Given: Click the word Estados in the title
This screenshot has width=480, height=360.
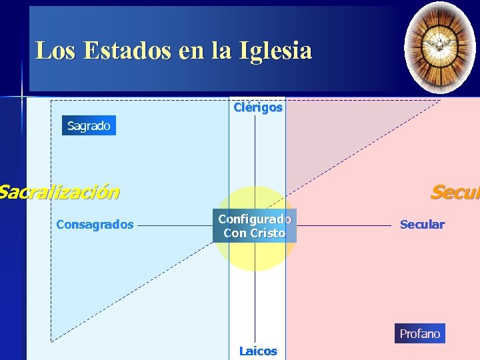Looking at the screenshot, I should coord(127,51).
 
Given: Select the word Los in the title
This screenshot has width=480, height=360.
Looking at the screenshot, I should coord(55,51).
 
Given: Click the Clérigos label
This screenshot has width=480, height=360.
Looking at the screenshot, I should coord(257,107).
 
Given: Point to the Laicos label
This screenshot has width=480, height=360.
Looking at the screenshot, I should coord(258,351).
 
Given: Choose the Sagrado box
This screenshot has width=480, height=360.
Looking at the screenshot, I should coord(89,125).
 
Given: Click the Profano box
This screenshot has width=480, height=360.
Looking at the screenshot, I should coord(419,333).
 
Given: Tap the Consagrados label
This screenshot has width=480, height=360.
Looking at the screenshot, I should coord(95,225).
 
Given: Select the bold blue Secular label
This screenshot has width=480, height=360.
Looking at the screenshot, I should coord(422,225).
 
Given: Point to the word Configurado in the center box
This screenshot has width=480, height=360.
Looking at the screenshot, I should coord(255,219).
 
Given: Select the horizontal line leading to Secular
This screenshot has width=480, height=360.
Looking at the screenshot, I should coord(343,225).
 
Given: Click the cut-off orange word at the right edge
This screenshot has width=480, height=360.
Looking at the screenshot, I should coord(455,193).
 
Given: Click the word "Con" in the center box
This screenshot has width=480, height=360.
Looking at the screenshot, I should coord(235,233).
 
